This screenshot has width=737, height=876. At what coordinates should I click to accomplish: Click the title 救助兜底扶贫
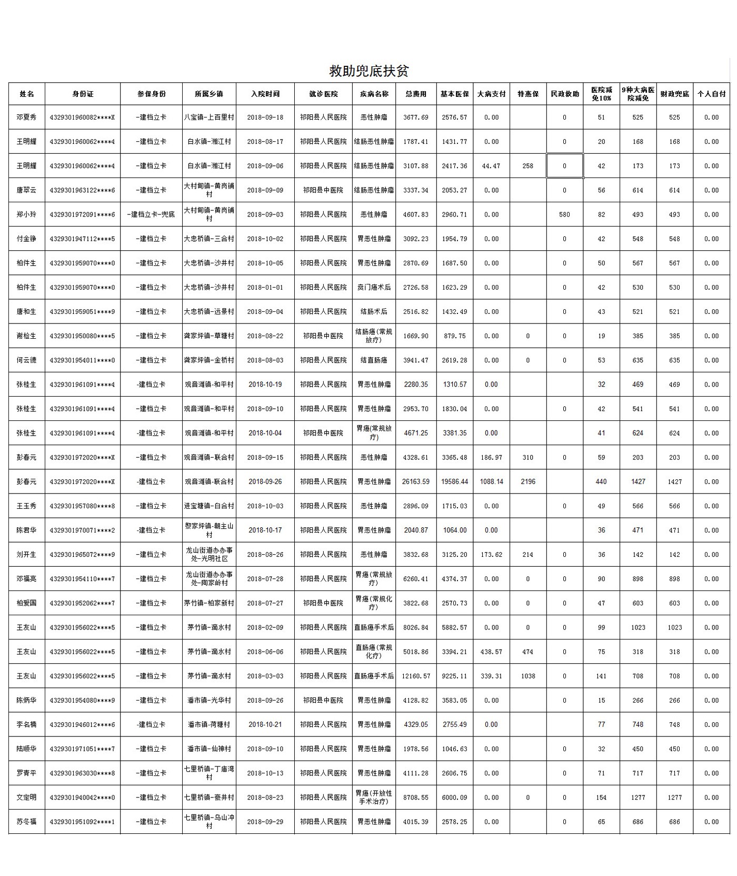tap(368, 71)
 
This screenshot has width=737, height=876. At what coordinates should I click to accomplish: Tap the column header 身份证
tap(83, 94)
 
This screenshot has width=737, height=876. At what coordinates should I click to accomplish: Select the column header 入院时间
tap(265, 94)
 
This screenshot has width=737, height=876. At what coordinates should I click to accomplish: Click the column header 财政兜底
tap(674, 94)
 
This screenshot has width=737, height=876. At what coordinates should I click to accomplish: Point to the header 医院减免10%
tap(601, 94)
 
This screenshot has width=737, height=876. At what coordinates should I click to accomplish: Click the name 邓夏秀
tap(26, 117)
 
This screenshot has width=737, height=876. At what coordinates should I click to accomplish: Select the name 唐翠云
tap(26, 190)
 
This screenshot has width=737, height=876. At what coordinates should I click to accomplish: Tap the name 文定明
tap(26, 797)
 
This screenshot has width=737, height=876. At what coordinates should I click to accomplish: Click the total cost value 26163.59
tap(416, 481)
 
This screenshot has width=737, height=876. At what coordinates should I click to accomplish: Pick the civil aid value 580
tap(564, 214)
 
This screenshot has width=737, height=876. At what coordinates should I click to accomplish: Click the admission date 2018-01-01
tap(265, 288)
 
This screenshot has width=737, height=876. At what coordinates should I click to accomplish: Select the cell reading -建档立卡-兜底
tap(151, 214)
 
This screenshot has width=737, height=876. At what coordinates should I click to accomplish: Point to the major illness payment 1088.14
tap(491, 481)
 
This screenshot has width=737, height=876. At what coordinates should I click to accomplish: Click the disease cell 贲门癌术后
tap(374, 288)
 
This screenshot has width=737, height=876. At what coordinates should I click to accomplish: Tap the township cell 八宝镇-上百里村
tap(209, 117)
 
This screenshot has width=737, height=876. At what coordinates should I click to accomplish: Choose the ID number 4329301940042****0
tap(83, 797)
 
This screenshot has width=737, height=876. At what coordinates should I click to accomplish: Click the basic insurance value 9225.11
tap(455, 676)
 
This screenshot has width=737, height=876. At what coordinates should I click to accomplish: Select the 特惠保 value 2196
tap(527, 481)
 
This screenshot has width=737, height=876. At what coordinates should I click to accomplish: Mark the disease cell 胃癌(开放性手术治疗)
tap(374, 797)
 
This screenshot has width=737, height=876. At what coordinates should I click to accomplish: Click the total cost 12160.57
tap(416, 676)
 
